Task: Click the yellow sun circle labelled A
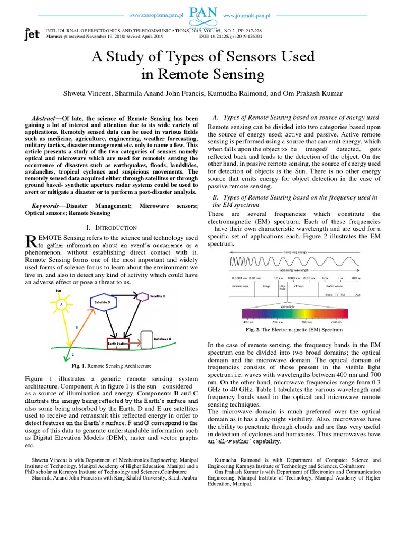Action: (61, 305)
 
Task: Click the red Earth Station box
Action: (118, 345)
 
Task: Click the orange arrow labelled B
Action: (79, 328)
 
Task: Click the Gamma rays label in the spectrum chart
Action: (240, 285)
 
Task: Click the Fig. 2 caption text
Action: (294, 329)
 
